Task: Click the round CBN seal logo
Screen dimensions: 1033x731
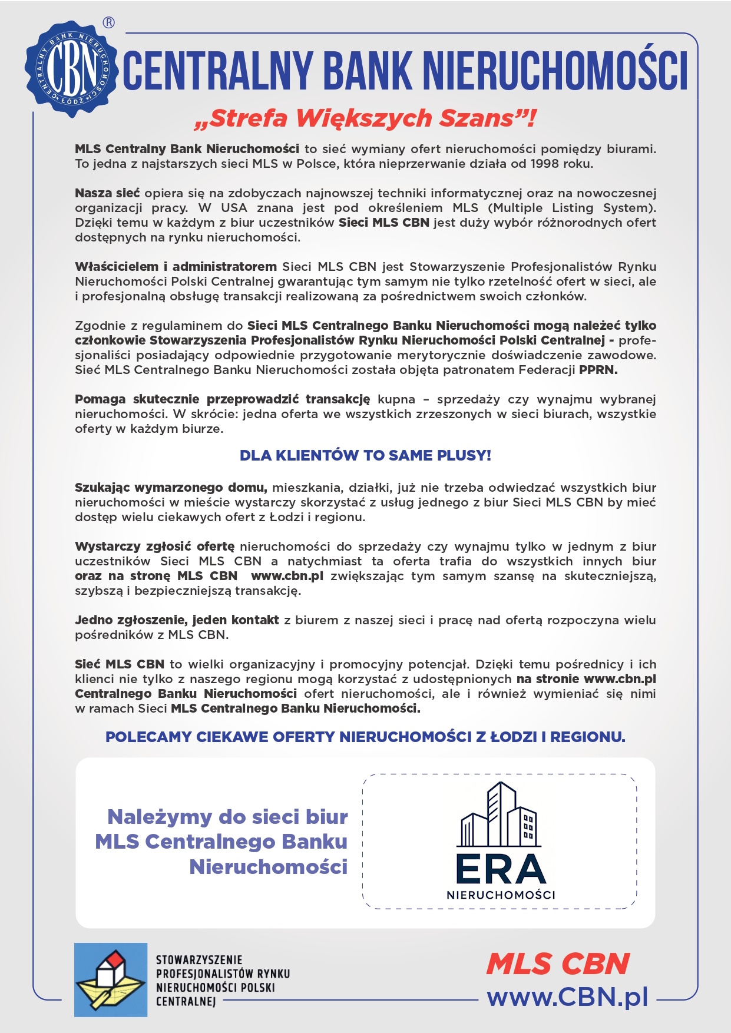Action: (x=70, y=69)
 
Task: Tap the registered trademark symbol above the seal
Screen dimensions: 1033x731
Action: (x=109, y=23)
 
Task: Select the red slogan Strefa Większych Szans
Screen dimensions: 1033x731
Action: (x=365, y=118)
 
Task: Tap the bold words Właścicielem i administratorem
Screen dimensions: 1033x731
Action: (x=176, y=267)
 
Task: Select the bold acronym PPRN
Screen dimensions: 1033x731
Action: (x=598, y=370)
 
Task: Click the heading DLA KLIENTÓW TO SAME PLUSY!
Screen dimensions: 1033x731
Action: (x=365, y=455)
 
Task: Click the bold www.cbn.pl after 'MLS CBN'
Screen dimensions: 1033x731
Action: (x=287, y=576)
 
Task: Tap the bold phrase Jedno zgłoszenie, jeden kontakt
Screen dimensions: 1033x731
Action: (x=177, y=620)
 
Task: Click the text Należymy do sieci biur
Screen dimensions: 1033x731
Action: (x=227, y=817)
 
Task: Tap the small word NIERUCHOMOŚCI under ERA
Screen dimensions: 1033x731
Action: (x=501, y=895)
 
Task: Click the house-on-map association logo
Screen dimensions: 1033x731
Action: (x=111, y=979)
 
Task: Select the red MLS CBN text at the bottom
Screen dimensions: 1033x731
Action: (x=558, y=965)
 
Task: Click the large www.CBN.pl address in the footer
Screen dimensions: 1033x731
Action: (x=567, y=997)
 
